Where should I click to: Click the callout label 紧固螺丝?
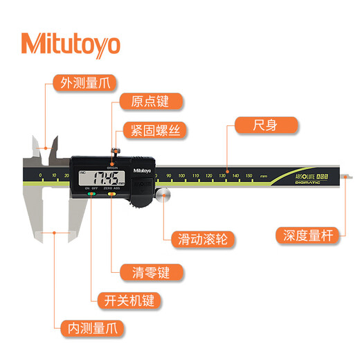(x=154, y=129)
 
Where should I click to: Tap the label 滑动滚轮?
(x=200, y=240)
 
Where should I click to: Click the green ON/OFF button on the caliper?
(x=91, y=195)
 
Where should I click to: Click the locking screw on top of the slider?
(x=115, y=150)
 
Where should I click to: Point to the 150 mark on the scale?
(x=249, y=177)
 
